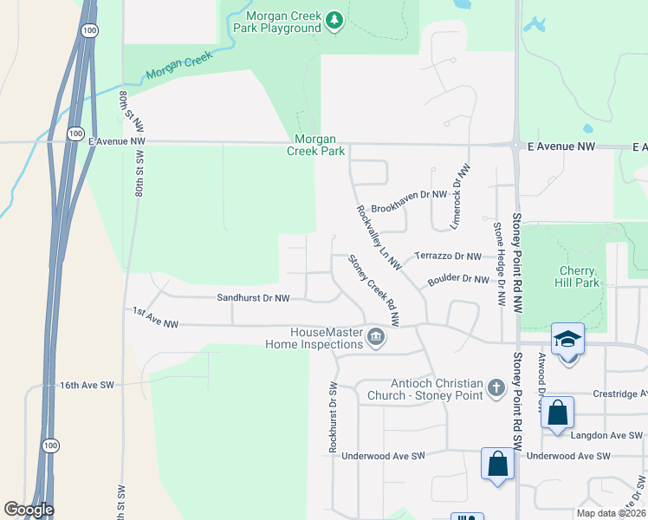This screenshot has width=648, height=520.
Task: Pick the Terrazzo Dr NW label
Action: tap(447, 257)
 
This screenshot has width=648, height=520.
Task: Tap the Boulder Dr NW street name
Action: tap(458, 279)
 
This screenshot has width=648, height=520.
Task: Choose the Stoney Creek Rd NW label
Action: tap(373, 290)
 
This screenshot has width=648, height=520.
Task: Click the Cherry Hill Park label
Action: tap(576, 276)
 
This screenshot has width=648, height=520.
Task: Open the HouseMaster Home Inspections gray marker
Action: tap(375, 336)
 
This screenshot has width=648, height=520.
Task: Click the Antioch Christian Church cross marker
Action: tap(496, 387)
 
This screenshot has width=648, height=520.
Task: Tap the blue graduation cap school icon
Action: tap(567, 339)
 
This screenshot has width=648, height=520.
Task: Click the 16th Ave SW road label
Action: tap(87, 384)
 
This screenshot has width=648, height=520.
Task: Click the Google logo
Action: tap(29, 510)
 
